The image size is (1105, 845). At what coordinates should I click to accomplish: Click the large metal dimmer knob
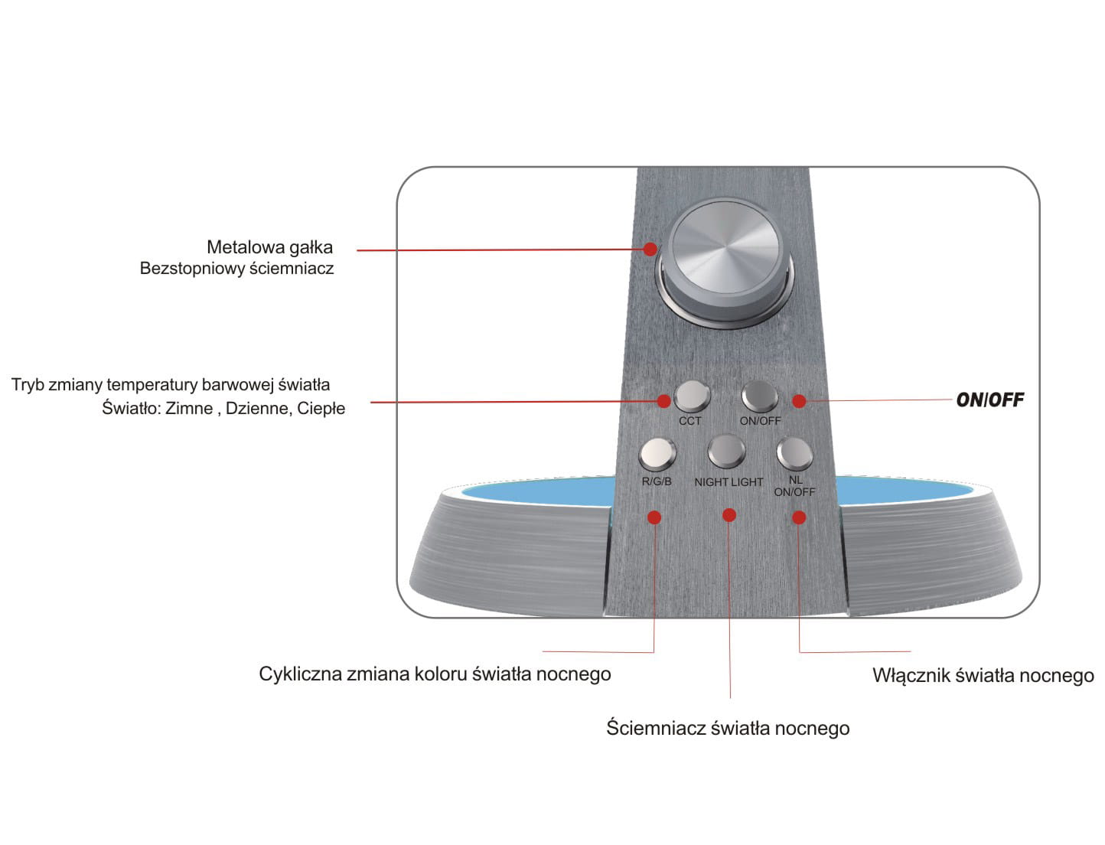pyautogui.click(x=725, y=261)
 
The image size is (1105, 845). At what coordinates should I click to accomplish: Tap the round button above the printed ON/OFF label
pyautogui.click(x=760, y=396)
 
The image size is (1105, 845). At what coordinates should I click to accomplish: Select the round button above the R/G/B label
pyautogui.click(x=657, y=454)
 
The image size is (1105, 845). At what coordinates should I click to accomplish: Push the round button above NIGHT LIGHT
pyautogui.click(x=726, y=451)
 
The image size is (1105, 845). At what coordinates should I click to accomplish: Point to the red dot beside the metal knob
pyautogui.click(x=650, y=249)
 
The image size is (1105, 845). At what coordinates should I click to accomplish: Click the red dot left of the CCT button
pyautogui.click(x=663, y=401)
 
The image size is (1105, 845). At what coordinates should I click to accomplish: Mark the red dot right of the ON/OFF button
pyautogui.click(x=799, y=401)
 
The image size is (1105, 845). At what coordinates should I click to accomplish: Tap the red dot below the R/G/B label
pyautogui.click(x=654, y=517)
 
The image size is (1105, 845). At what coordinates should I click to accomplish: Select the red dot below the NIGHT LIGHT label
pyautogui.click(x=729, y=514)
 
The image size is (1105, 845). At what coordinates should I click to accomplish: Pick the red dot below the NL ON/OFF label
pyautogui.click(x=799, y=517)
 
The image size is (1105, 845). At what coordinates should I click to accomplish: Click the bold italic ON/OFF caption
pyautogui.click(x=989, y=400)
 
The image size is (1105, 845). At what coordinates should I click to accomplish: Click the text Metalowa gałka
pyautogui.click(x=270, y=247)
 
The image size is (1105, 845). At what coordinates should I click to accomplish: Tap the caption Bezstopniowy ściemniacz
pyautogui.click(x=236, y=269)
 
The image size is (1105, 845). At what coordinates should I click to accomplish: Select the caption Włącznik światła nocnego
pyautogui.click(x=983, y=675)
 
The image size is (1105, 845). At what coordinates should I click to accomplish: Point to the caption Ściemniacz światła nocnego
pyautogui.click(x=728, y=728)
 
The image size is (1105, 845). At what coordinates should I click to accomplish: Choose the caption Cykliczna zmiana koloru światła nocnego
pyautogui.click(x=435, y=674)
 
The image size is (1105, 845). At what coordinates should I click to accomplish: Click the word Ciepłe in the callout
pyautogui.click(x=321, y=408)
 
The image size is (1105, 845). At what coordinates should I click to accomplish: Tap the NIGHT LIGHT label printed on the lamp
pyautogui.click(x=729, y=482)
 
